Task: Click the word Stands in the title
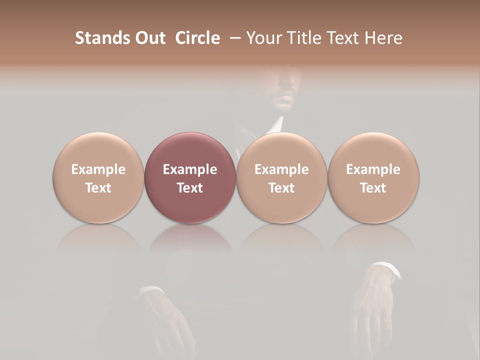click(101, 38)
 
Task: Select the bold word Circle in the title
click(197, 38)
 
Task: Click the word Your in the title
click(263, 38)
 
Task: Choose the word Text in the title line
click(344, 38)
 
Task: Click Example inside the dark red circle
click(189, 169)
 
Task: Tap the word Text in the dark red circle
click(189, 188)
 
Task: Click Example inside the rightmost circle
click(373, 169)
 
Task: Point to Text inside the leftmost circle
click(98, 188)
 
